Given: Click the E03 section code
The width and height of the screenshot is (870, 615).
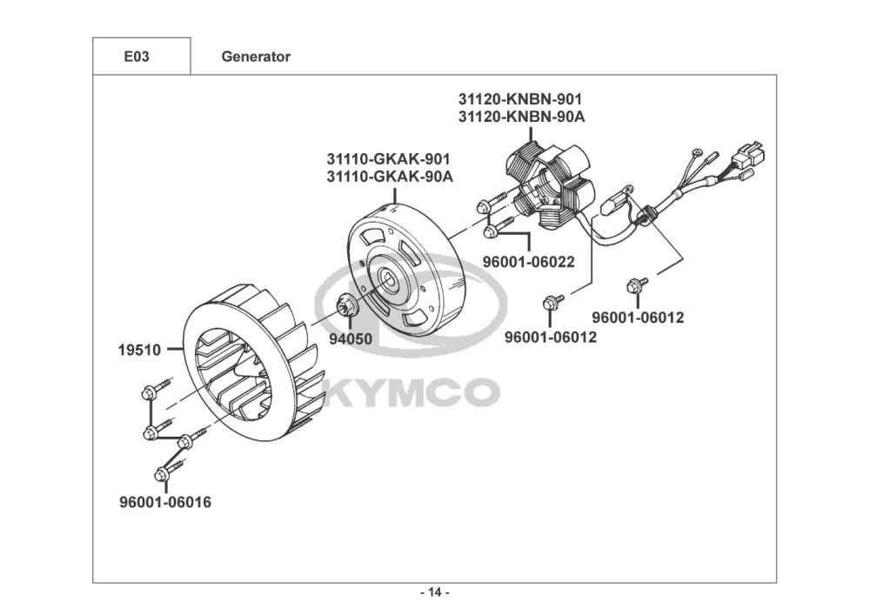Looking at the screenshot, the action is [137, 57].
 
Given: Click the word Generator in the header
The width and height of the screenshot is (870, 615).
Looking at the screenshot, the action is [256, 57].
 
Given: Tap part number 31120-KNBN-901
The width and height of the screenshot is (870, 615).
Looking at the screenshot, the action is [520, 99].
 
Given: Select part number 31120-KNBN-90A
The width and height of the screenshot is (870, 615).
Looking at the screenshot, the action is [521, 117].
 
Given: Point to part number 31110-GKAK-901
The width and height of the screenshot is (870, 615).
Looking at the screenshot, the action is [388, 159].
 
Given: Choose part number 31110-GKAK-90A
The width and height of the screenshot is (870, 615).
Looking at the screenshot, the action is [390, 177].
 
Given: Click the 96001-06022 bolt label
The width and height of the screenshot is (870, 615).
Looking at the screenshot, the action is [529, 262].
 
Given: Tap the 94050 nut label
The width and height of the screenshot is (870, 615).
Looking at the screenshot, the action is [351, 338].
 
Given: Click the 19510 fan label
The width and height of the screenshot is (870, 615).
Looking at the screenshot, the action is [139, 350].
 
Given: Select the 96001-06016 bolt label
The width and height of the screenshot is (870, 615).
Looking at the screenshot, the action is [165, 502].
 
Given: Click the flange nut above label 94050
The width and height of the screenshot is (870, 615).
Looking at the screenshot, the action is [347, 305].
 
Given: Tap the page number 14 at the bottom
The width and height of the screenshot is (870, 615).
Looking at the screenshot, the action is [435, 592].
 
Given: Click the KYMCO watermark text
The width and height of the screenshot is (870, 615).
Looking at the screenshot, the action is [411, 391].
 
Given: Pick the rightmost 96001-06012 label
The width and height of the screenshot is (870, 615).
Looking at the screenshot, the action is [638, 318].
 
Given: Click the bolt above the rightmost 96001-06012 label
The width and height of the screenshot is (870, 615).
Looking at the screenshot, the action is [636, 285].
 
